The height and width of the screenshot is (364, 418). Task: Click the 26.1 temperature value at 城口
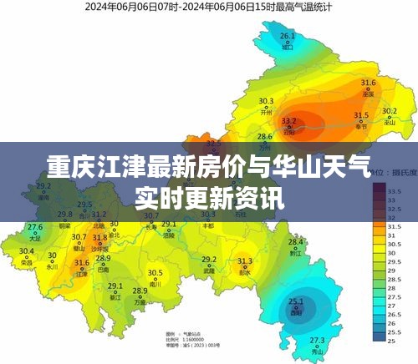[x=288, y=36]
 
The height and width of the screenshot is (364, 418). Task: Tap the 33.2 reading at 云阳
[x=287, y=120]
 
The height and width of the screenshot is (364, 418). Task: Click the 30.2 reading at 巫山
[x=390, y=110]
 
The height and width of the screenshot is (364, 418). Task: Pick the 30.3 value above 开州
[x=266, y=102]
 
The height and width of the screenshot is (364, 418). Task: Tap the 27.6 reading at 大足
[x=35, y=227]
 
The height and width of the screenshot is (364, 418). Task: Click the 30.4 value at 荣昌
[x=27, y=250]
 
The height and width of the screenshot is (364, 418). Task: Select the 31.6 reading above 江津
[x=81, y=263]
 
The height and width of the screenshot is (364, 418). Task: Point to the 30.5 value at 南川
[x=155, y=272]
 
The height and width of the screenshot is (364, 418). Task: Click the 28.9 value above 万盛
[x=140, y=291]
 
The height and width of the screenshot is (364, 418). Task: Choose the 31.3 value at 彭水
[x=245, y=261]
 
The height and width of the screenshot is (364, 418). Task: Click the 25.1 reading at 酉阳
[x=296, y=301]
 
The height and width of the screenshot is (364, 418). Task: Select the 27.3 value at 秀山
[x=317, y=340]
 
